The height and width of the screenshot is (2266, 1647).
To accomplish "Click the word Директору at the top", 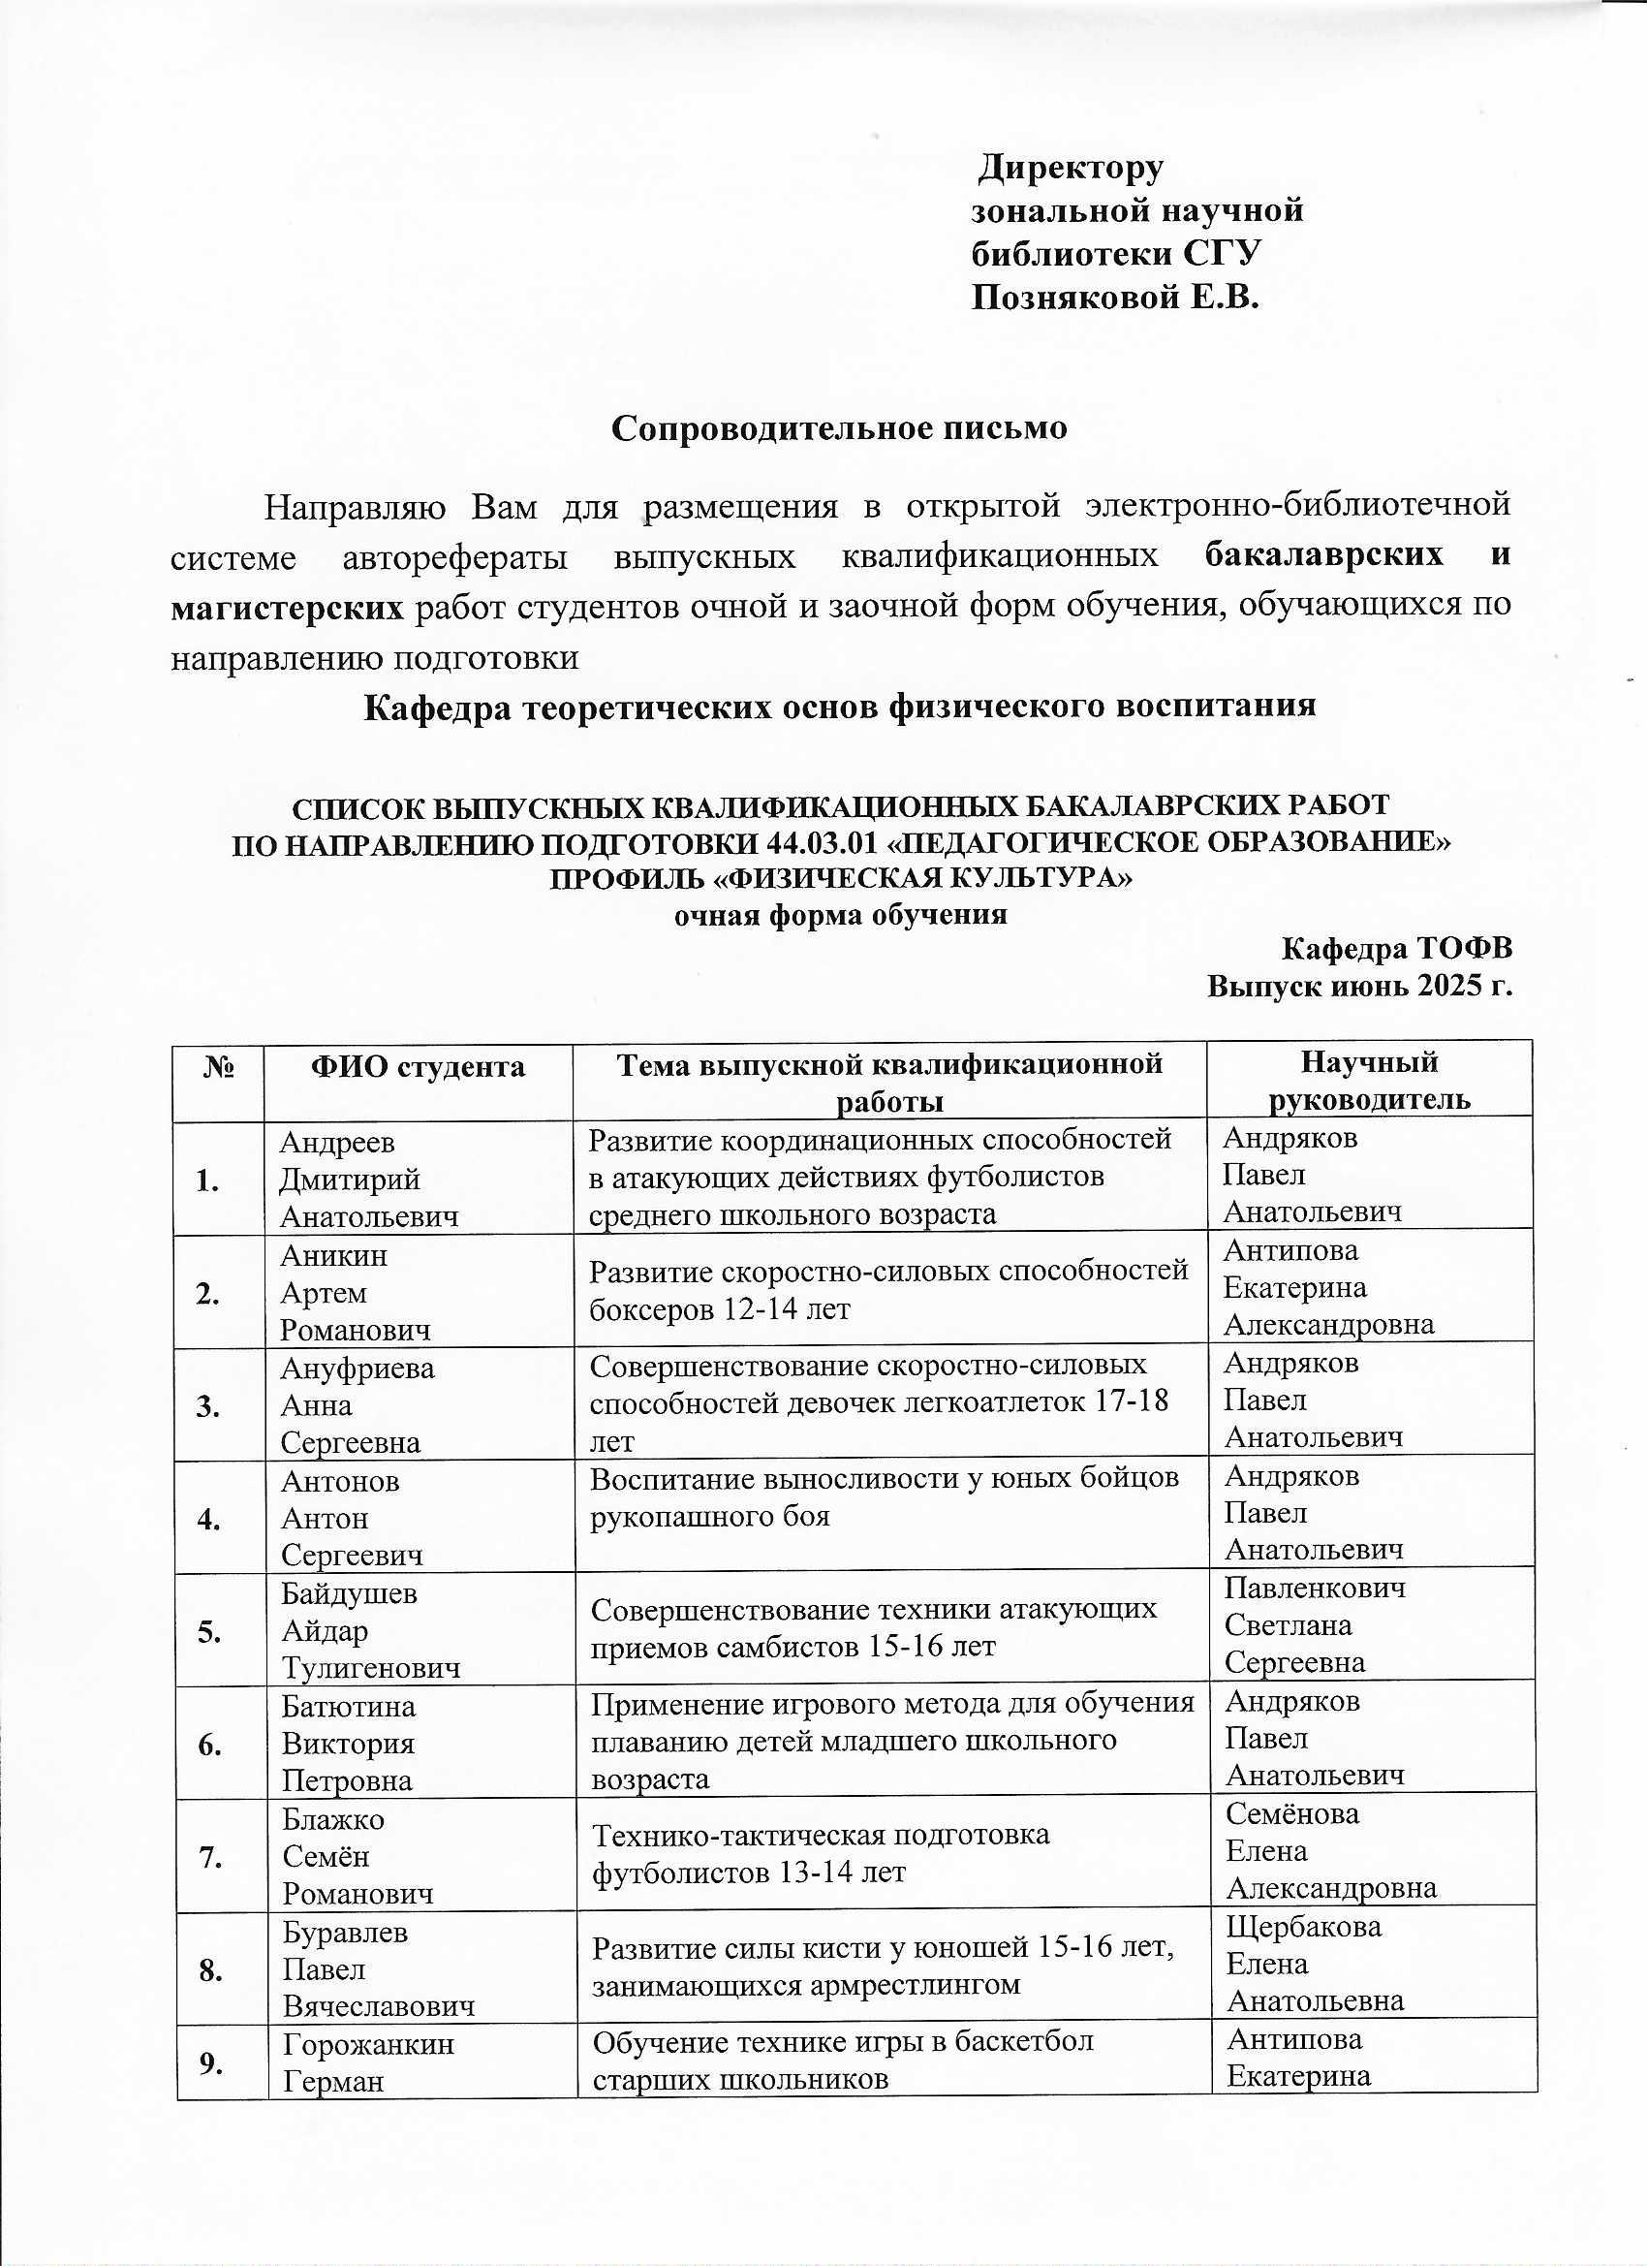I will point(1070,168).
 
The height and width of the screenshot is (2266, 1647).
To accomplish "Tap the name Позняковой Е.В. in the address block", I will point(1115,297).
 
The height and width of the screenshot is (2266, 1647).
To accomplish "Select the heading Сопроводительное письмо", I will point(839,427).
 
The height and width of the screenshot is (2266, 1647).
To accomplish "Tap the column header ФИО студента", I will point(418,1067).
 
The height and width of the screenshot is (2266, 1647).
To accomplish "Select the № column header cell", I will point(219,1068).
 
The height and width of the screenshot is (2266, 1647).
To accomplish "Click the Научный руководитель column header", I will point(1368,1080).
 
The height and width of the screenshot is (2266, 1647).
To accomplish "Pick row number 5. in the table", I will point(209,1632).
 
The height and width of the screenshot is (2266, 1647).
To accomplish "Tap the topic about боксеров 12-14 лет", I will point(887,1290).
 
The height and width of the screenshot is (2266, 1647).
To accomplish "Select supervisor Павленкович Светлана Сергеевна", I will point(1315,1625).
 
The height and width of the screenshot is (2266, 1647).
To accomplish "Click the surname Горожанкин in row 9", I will point(367,2045).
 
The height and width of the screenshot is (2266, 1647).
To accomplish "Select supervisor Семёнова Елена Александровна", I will point(1330,1851).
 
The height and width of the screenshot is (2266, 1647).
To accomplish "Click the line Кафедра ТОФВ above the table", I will point(1396,947).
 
